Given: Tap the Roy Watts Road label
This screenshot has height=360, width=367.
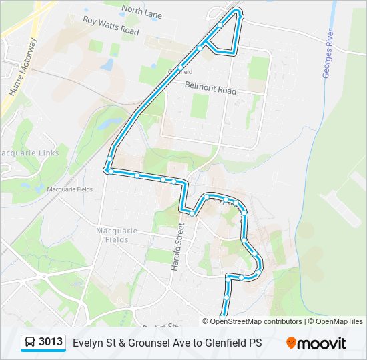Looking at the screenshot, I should click(111, 26).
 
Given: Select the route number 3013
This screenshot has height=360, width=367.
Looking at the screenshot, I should click(51, 342).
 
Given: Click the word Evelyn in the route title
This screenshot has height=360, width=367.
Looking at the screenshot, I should click(87, 343).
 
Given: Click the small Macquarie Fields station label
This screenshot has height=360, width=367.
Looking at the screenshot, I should click(69, 189).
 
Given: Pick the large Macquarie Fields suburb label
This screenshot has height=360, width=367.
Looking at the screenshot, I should click(117, 235).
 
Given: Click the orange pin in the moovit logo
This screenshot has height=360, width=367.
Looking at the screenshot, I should click(291, 343).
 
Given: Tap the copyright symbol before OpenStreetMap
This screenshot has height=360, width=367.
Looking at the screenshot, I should click(206, 321).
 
